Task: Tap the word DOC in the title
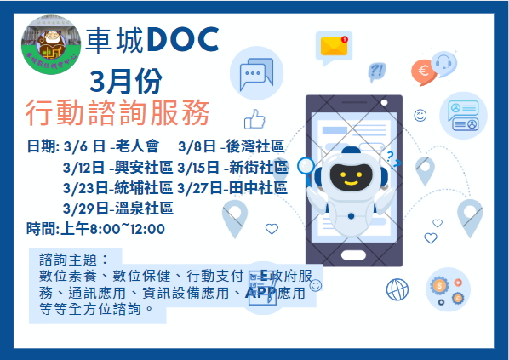coord(182,39)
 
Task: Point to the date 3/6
coord(76,146)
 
